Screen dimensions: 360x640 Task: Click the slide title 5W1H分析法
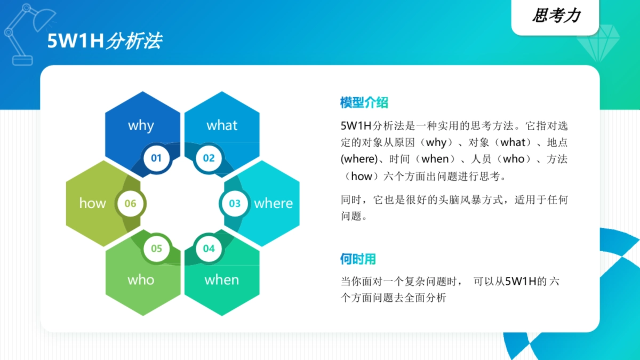(x=105, y=41)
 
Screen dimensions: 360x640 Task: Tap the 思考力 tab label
(x=556, y=16)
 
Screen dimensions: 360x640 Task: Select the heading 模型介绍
(x=364, y=102)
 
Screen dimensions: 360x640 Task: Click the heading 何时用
(x=358, y=259)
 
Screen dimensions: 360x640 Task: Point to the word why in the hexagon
(x=141, y=125)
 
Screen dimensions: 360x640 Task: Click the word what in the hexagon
(x=222, y=125)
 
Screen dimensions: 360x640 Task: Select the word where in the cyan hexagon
(x=273, y=203)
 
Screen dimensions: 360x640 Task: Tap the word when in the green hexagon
(x=222, y=280)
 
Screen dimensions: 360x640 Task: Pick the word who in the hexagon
(x=141, y=280)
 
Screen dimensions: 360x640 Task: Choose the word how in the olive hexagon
(x=92, y=203)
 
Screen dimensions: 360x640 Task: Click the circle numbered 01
(x=156, y=158)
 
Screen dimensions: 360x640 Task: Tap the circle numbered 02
(x=209, y=158)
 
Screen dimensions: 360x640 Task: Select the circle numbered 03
(x=235, y=203)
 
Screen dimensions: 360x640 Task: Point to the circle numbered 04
(x=209, y=249)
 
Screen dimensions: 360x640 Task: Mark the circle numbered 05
(x=156, y=249)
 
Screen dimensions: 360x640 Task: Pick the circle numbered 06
(x=130, y=203)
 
